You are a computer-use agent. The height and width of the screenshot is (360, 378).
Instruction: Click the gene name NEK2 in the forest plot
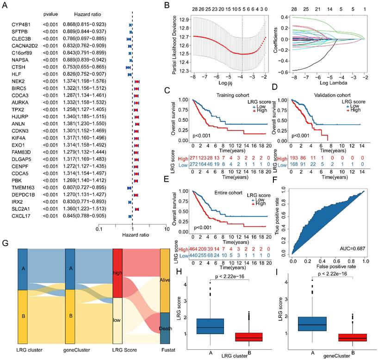[19, 81]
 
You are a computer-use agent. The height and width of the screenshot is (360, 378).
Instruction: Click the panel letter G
[5, 243]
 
